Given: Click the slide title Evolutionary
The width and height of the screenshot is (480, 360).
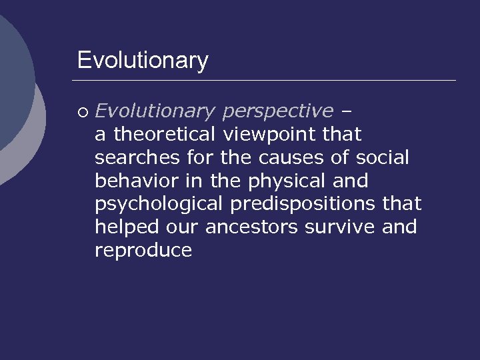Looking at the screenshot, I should tap(143, 61).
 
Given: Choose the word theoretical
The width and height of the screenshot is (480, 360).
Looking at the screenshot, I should tap(165, 134).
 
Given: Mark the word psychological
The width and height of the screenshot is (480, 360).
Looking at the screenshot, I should tap(159, 204).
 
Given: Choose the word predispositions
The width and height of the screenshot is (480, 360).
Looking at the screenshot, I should tap(303, 204).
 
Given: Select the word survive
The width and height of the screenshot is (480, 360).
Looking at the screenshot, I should tap(340, 227).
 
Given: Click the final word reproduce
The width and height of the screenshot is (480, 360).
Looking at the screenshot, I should tap(143, 251).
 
